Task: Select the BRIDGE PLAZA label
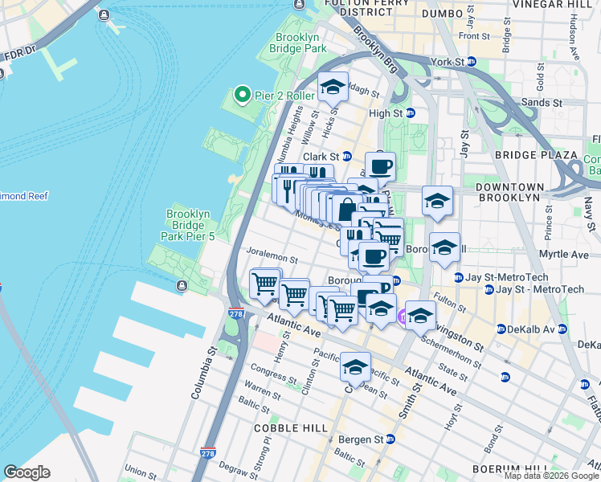[x=536, y=154]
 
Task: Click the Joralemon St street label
[x=272, y=259]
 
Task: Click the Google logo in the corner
[x=27, y=472]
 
